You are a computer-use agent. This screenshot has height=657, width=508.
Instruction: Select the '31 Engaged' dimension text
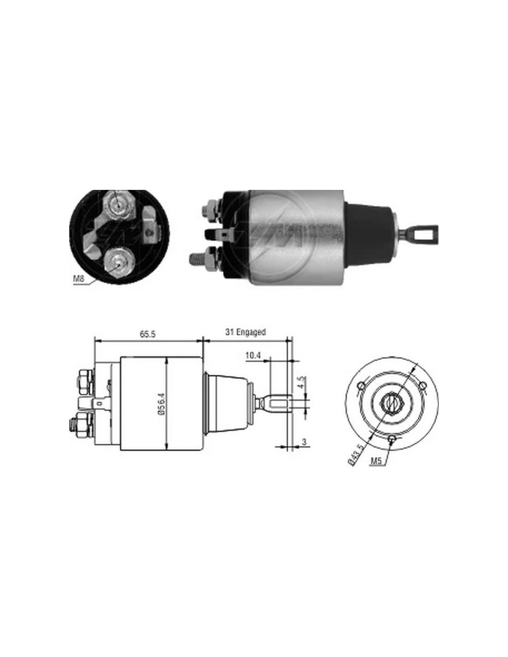(x=245, y=332)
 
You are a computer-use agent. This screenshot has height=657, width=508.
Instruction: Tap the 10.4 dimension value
(x=253, y=356)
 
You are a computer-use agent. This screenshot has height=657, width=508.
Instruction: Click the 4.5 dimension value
(x=303, y=381)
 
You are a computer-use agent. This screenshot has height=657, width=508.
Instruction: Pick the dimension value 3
(x=304, y=442)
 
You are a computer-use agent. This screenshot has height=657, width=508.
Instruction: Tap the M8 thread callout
(x=78, y=278)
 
